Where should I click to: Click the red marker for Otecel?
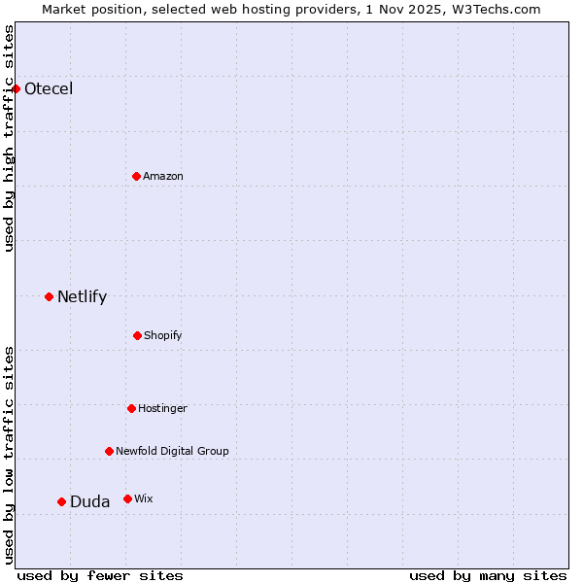[x=16, y=89]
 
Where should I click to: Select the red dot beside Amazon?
[x=136, y=176]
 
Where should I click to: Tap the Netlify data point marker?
[x=49, y=296]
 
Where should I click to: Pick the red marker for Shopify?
[x=137, y=335]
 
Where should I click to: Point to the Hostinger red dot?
[x=131, y=408]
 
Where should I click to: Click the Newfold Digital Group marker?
[x=109, y=451]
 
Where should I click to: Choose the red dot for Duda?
[x=61, y=501]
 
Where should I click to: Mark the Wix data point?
[x=127, y=498]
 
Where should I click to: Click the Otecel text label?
[x=49, y=89]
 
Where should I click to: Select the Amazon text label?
[x=163, y=176]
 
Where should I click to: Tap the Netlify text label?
[x=82, y=297]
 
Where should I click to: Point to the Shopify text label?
[x=163, y=335]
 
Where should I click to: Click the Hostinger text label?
[x=162, y=408]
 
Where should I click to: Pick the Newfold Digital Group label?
[x=172, y=451]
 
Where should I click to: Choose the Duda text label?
[x=89, y=502]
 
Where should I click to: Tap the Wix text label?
[x=144, y=498]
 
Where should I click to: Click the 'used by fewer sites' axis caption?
[x=100, y=575]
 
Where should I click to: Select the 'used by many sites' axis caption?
[x=488, y=575]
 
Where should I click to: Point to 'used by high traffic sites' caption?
[x=10, y=139]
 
